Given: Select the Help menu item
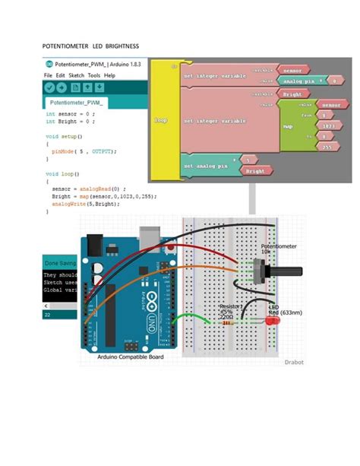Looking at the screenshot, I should pos(109,76).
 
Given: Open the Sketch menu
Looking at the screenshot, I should pos(76,76).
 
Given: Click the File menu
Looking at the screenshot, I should pos(48,76).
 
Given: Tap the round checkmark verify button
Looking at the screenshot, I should pos(50,88).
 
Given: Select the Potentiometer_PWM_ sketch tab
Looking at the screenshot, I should pos(77,102).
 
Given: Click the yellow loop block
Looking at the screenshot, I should pos(160,120).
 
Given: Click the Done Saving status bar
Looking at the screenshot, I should pos(60,262).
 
